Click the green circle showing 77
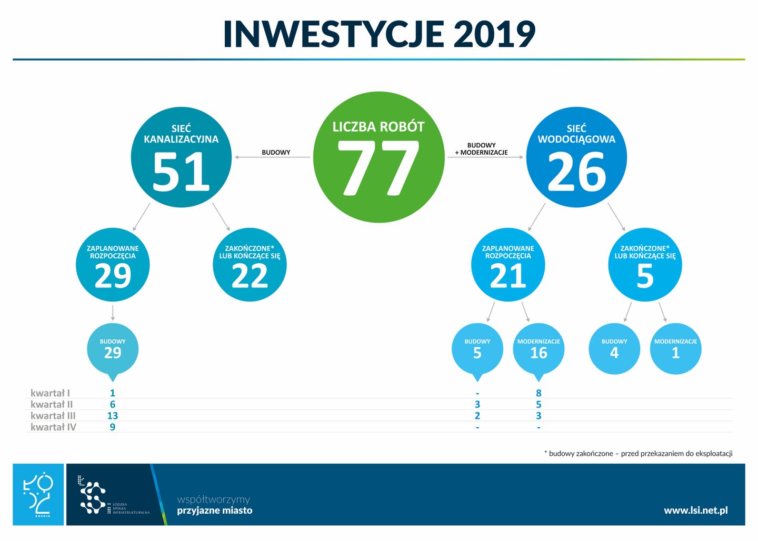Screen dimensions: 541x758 point(378,157)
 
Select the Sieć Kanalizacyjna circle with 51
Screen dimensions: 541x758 point(181,157)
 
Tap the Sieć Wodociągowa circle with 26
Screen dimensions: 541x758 point(576,157)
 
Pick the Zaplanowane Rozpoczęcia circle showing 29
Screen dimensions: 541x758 point(113,265)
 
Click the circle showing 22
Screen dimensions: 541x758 point(250,265)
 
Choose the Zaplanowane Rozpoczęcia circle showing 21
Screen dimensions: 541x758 point(508,265)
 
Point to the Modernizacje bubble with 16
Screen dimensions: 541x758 point(538,349)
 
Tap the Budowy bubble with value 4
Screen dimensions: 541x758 point(614,349)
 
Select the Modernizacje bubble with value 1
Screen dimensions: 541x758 point(675,349)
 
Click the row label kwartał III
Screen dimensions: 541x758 point(53,416)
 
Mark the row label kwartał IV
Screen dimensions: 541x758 point(53,427)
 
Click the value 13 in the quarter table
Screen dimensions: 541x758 point(113,416)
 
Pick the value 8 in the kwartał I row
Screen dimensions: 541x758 point(538,393)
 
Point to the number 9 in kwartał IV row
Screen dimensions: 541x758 point(113,427)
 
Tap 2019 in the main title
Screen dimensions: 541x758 point(494,34)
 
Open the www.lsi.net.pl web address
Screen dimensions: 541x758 point(696,510)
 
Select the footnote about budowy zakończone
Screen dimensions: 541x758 point(638,453)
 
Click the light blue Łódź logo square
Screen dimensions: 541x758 point(38,495)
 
